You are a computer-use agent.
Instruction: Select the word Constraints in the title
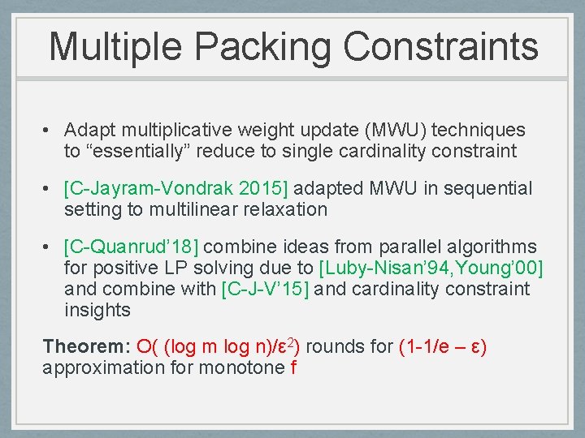point(440,46)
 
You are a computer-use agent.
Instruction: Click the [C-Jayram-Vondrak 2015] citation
point(175,189)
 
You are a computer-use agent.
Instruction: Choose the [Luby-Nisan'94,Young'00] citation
point(431,268)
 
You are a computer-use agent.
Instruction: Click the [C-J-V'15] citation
point(265,289)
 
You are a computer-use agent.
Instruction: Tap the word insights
point(97,310)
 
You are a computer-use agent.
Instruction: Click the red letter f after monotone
point(293,367)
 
